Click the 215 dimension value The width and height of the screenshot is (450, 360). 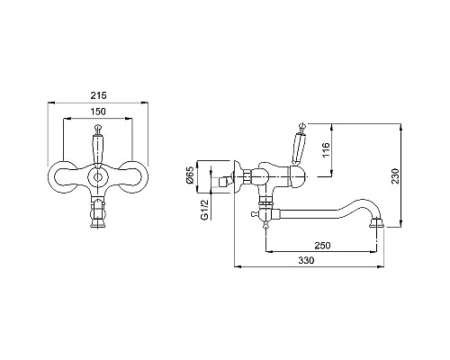pyautogui.click(x=98, y=95)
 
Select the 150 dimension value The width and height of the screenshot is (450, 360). pyautogui.click(x=98, y=112)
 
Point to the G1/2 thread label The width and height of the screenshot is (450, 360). pyautogui.click(x=204, y=210)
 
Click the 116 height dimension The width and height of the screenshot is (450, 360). pyautogui.click(x=326, y=149)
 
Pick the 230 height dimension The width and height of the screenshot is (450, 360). pyautogui.click(x=396, y=175)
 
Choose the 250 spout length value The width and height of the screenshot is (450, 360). pyautogui.click(x=322, y=246)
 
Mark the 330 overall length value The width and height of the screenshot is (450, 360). pyautogui.click(x=306, y=260)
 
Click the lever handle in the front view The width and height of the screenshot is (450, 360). pyautogui.click(x=97, y=146)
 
